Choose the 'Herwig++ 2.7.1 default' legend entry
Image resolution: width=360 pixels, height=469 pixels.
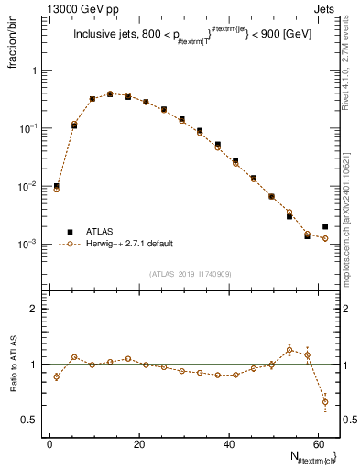click(x=132, y=244)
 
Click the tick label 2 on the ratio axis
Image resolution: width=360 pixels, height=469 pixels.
click(x=34, y=309)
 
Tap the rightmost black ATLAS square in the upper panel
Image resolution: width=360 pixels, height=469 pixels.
click(x=325, y=226)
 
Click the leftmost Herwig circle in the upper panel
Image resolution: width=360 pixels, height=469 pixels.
click(x=57, y=189)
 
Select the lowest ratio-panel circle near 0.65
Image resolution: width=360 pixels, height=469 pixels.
click(x=325, y=401)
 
